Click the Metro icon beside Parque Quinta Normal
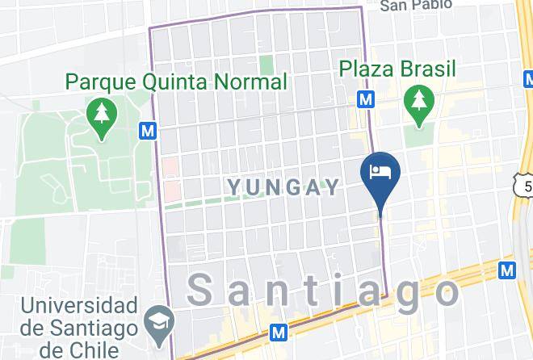[147, 130]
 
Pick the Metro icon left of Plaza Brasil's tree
[367, 98]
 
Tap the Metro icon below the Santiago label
[279, 331]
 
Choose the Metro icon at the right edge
[506, 270]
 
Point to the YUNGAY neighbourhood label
[283, 187]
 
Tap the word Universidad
[78, 306]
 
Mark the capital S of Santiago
[204, 290]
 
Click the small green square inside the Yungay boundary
[266, 65]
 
